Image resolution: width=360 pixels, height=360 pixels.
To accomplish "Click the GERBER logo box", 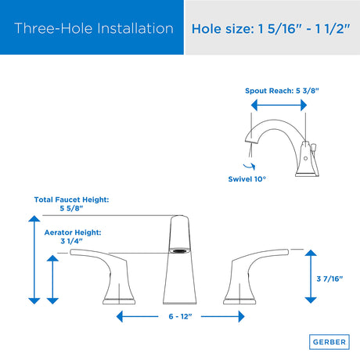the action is pyautogui.click(x=329, y=342).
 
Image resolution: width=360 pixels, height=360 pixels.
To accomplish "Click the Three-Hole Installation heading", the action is pyautogui.click(x=94, y=28).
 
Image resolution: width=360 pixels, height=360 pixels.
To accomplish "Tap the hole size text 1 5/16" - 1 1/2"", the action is pyautogui.click(x=304, y=28).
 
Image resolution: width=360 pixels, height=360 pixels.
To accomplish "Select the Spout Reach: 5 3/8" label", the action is pyautogui.click(x=282, y=91).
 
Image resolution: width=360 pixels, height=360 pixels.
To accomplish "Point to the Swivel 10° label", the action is pyautogui.click(x=247, y=179).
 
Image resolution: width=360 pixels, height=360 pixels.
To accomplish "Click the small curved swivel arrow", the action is pyautogui.click(x=250, y=167).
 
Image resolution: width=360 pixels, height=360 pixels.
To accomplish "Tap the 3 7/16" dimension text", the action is pyautogui.click(x=329, y=279).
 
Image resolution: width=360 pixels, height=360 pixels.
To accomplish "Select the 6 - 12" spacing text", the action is pyautogui.click(x=180, y=316).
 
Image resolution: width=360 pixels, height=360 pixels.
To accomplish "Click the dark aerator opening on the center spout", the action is pyautogui.click(x=179, y=251).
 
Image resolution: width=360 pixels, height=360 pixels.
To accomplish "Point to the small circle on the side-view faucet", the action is pyautogui.click(x=305, y=158).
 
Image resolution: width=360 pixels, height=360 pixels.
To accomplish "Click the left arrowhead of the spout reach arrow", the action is pyautogui.click(x=254, y=106).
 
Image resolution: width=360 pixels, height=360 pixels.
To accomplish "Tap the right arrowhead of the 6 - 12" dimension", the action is pyautogui.click(x=241, y=316).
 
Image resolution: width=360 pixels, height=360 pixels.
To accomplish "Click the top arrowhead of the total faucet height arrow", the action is pyautogui.click(x=34, y=218).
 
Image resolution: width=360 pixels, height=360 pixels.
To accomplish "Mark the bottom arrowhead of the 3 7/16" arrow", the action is pyautogui.click(x=311, y=301).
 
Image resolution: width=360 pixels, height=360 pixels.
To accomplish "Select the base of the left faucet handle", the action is pyautogui.click(x=119, y=301).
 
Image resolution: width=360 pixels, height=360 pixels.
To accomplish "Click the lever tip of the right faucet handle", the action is pyautogui.click(x=287, y=252).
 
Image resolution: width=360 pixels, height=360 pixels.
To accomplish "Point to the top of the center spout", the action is pyautogui.click(x=179, y=217).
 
